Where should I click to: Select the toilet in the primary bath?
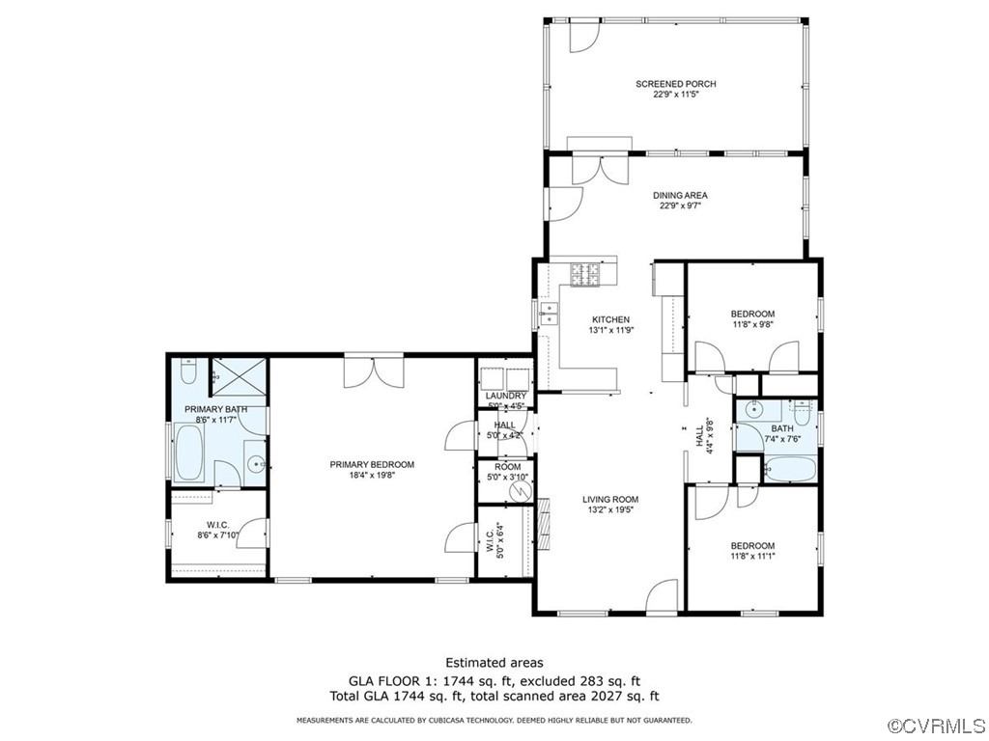189,371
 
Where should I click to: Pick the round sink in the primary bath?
256,464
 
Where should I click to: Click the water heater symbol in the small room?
520,491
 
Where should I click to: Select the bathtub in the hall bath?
789,470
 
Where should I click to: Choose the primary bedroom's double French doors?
374,370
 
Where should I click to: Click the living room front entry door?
663,596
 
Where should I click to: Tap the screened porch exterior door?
583,35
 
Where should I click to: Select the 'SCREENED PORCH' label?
675,84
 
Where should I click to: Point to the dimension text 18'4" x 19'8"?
372,475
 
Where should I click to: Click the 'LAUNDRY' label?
505,396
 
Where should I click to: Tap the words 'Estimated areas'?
494,662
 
